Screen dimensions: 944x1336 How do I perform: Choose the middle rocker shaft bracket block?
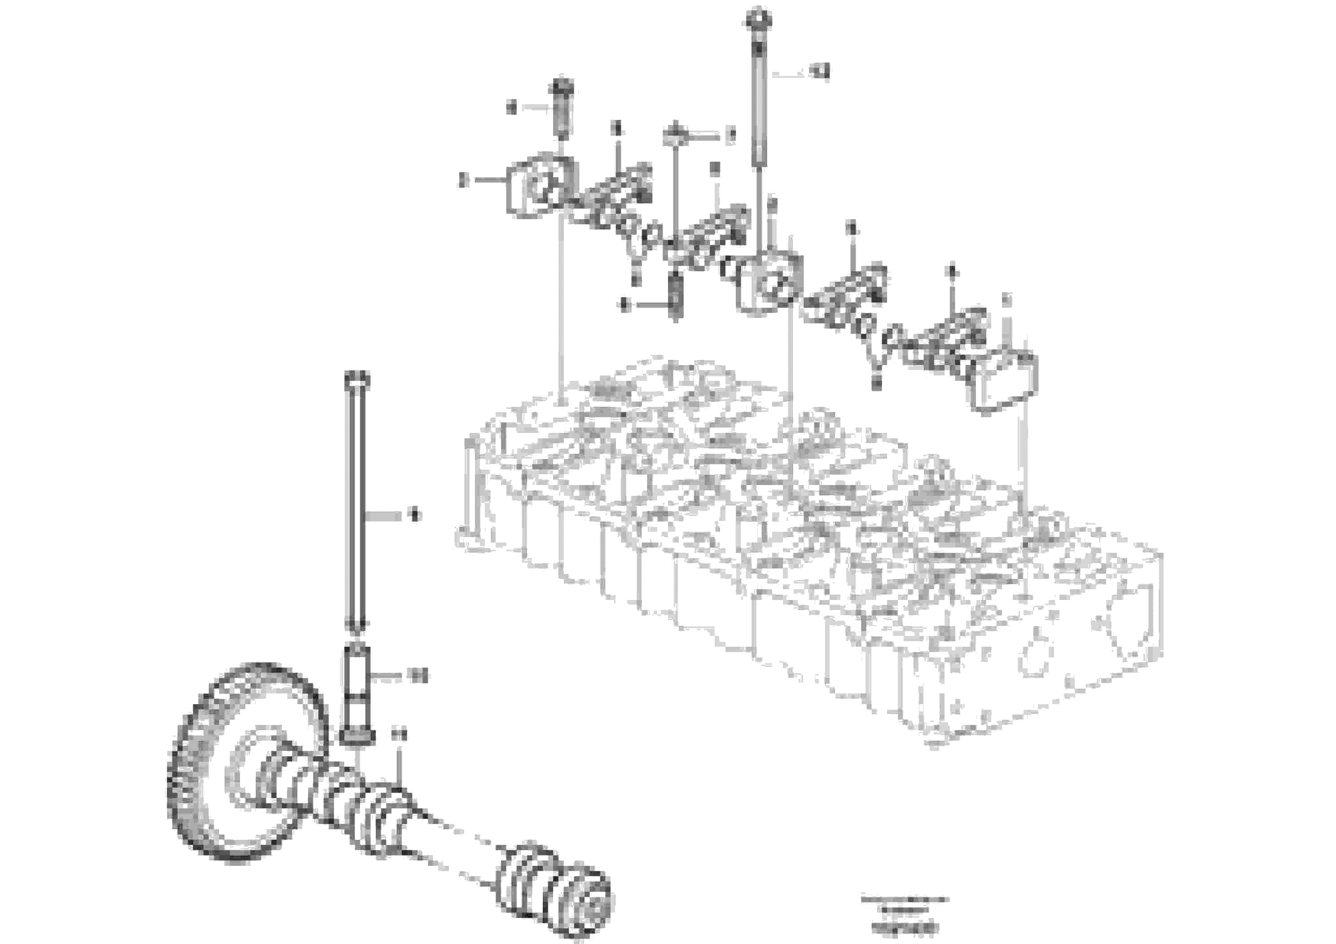pos(768,285)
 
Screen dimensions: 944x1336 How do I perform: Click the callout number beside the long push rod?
pos(415,515)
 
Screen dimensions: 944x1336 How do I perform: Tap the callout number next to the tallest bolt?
pos(821,72)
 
